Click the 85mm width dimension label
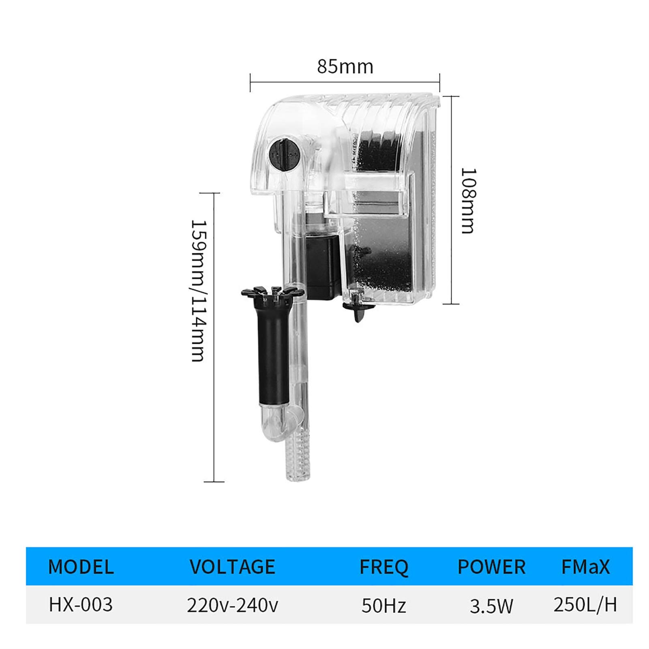(x=345, y=66)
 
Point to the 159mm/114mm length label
(x=199, y=291)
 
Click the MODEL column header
(x=81, y=566)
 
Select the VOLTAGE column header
(x=232, y=566)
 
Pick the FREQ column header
(x=384, y=567)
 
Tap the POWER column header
(x=491, y=566)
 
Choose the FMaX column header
(x=585, y=566)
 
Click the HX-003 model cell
(x=81, y=604)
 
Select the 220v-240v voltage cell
(x=232, y=605)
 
